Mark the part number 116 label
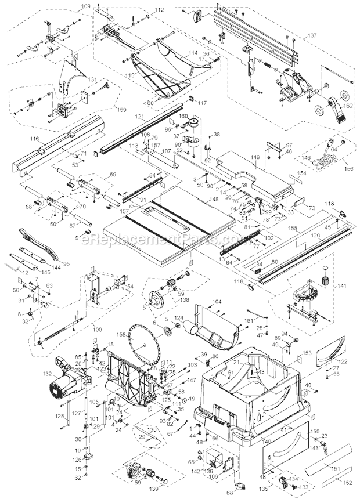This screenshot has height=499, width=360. (x=34, y=140)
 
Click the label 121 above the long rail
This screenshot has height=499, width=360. (x=139, y=117)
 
